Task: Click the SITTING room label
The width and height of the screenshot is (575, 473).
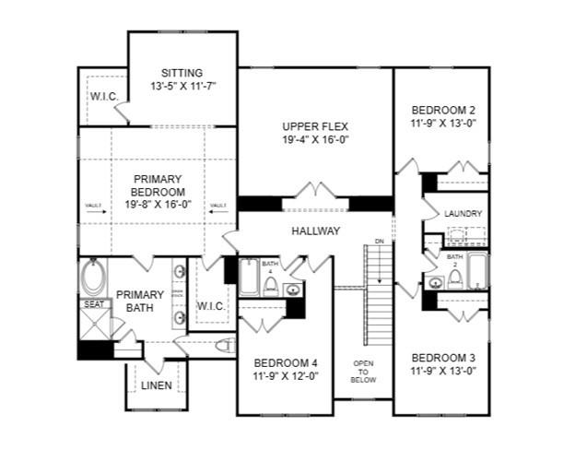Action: coord(181,73)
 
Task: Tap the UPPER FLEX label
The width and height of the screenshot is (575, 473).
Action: coord(314,126)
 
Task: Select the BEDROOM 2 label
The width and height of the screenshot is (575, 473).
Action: coord(443,109)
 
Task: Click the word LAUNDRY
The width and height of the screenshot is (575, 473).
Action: coord(463,214)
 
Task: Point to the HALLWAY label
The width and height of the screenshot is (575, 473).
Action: coord(315,231)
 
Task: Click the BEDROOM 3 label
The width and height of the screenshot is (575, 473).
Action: coord(443,358)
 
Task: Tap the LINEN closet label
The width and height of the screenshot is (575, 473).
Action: coord(156,384)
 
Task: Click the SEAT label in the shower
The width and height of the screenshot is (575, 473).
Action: coord(94,304)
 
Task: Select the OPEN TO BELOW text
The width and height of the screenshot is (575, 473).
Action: coord(363,371)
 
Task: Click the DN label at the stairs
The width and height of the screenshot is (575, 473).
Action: coord(378,242)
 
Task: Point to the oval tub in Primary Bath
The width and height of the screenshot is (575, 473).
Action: coord(94,277)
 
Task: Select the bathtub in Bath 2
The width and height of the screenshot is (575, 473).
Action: coord(477,270)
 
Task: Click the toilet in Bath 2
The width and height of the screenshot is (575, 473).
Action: coord(454,277)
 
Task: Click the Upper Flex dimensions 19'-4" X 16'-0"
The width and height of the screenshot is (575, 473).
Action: coord(314,140)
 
